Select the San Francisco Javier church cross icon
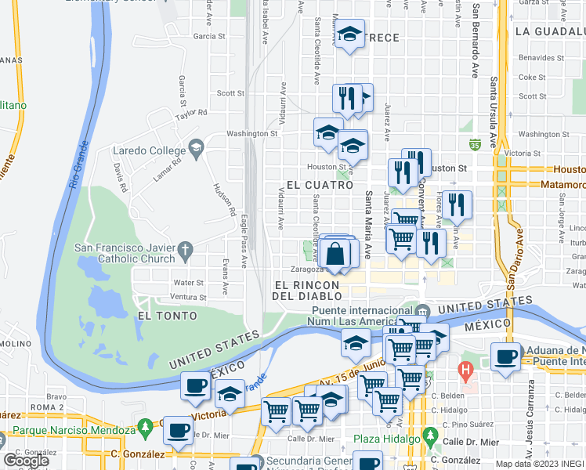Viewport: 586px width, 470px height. tap(186, 251)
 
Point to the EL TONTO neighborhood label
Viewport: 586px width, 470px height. tap(162, 316)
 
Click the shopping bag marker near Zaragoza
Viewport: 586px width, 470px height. tap(335, 255)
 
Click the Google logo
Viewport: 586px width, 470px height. tap(27, 460)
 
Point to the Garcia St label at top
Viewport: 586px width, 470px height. tap(209, 36)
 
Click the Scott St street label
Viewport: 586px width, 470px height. tap(231, 93)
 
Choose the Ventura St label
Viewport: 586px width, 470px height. tap(188, 298)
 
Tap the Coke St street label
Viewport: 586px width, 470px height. tap(532, 77)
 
